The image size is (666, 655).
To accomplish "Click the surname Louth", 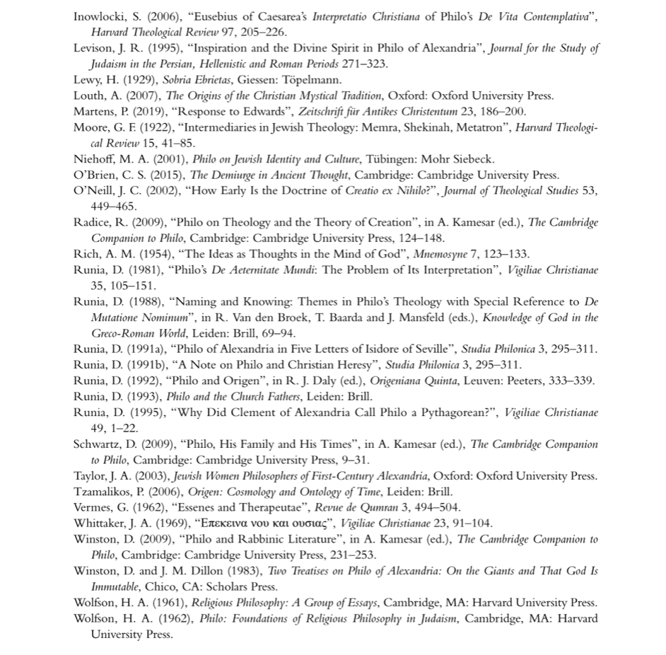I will point(89,95).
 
